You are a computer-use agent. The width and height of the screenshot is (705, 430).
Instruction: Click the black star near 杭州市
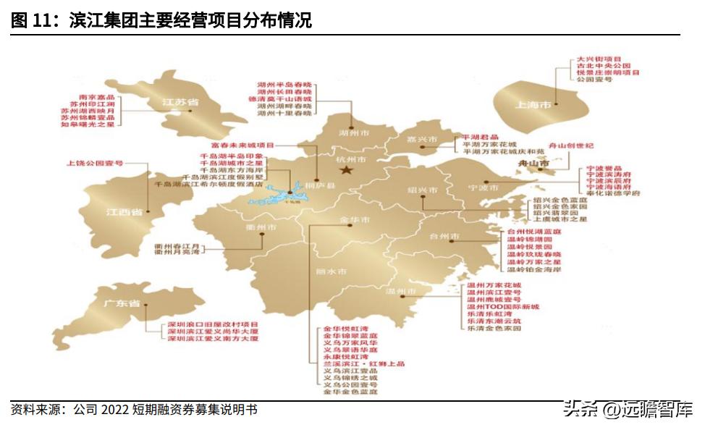(x=347, y=170)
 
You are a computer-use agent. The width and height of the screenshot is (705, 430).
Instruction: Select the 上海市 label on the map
(x=533, y=105)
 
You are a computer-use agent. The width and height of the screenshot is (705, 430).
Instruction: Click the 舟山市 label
(x=535, y=165)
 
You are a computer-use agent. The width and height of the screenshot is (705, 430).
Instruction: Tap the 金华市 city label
(x=355, y=219)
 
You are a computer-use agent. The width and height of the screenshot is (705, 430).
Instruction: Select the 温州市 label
(x=400, y=292)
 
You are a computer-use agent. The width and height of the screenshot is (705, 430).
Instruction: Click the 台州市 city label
(x=444, y=237)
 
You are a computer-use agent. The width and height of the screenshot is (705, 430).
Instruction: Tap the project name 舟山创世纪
(x=572, y=146)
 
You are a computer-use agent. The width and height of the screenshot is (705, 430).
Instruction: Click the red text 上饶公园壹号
(x=95, y=164)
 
